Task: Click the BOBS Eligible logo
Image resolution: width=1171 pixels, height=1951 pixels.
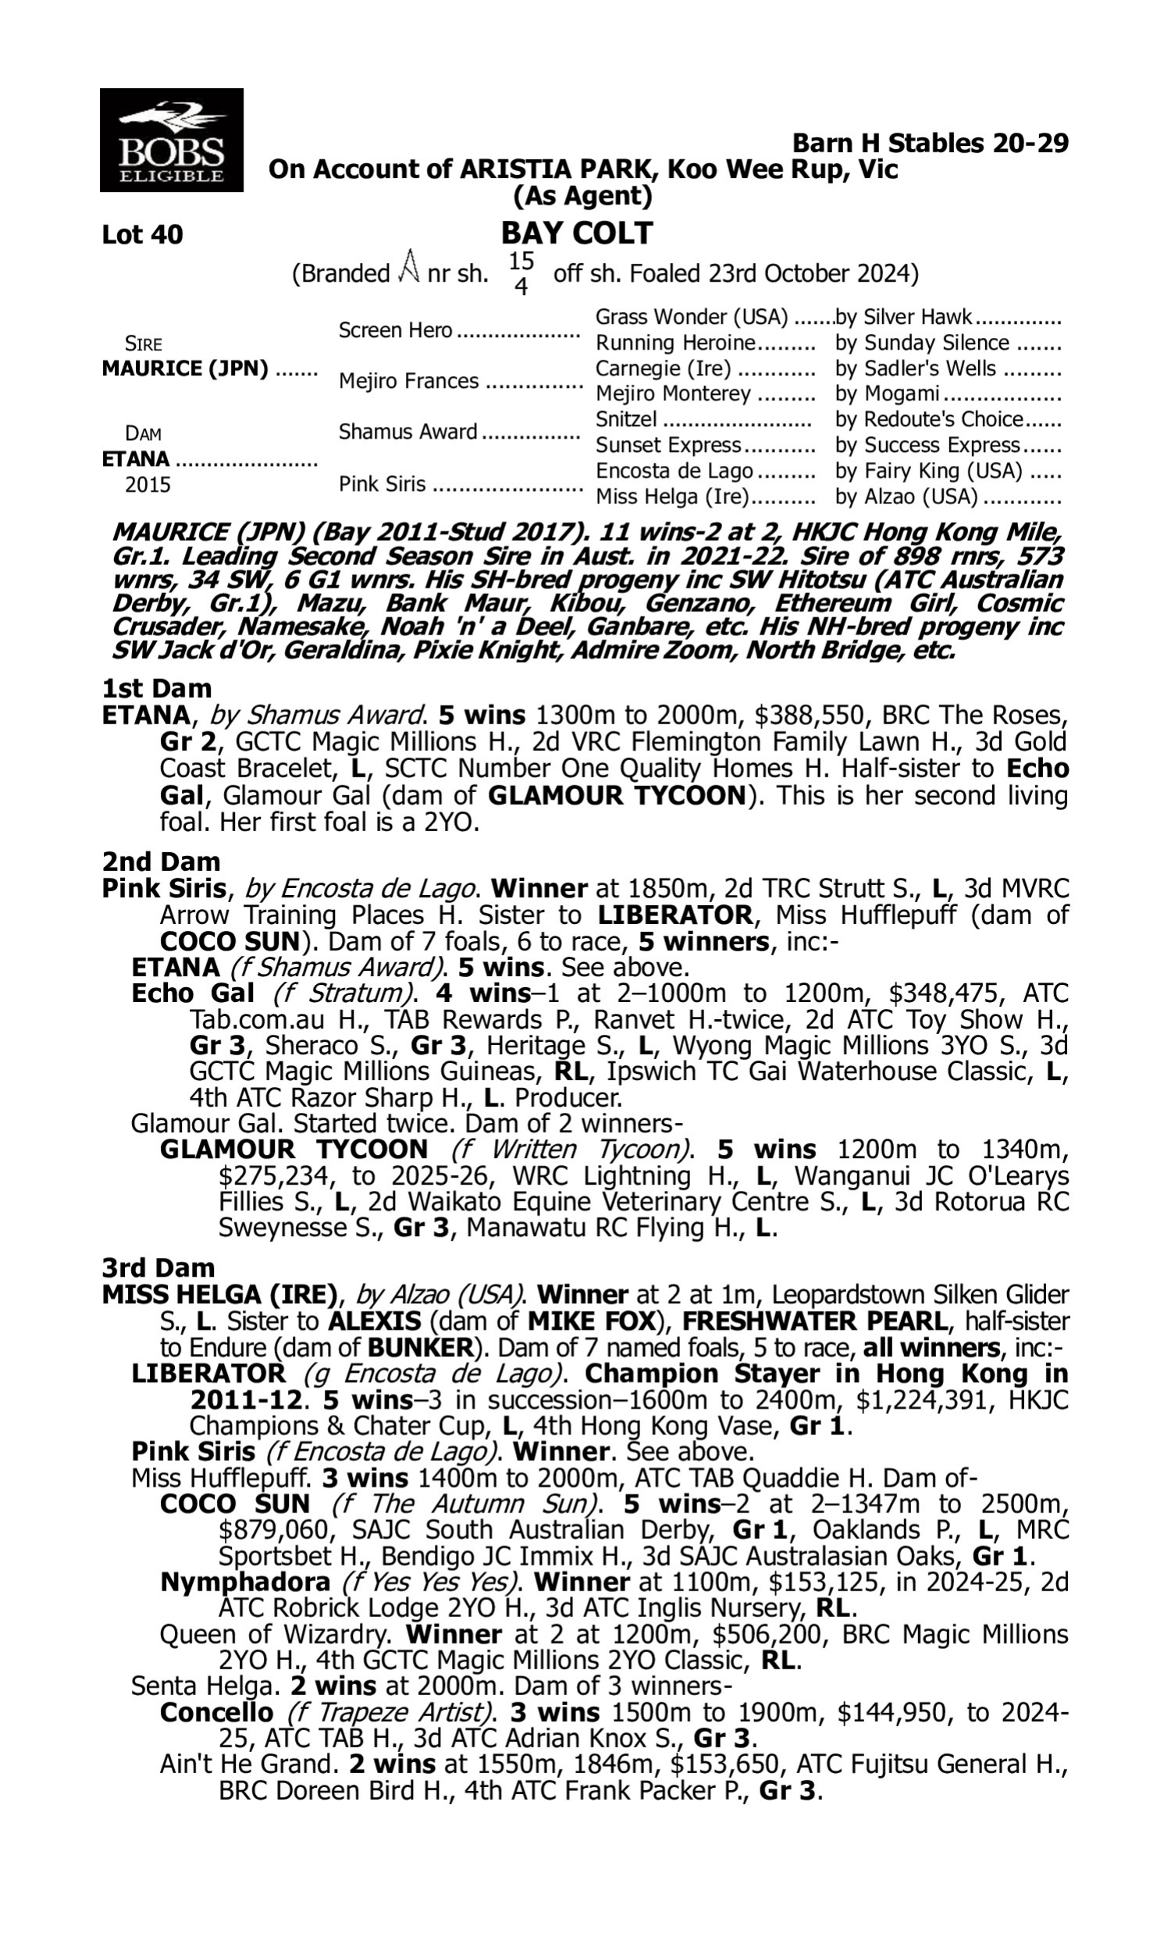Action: point(171,140)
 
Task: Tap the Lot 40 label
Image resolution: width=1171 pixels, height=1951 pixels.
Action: point(142,234)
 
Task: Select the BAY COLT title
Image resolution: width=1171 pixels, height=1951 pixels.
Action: point(577,233)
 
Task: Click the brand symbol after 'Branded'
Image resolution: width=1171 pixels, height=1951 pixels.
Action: point(408,266)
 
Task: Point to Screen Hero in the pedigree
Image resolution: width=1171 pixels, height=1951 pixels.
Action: point(395,329)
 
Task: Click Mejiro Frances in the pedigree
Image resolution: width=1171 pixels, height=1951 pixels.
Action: point(408,381)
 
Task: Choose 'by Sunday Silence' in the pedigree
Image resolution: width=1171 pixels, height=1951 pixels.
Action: point(922,343)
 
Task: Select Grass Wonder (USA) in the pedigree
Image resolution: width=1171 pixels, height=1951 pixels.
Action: point(691,317)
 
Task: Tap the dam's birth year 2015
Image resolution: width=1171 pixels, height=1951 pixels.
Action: point(148,484)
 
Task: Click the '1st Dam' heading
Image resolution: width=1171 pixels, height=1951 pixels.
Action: point(156,688)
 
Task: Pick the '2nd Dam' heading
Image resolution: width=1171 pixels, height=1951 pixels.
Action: point(160,861)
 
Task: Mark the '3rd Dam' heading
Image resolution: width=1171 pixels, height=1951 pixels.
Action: point(158,1267)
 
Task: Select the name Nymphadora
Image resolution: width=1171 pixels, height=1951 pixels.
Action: point(244,1582)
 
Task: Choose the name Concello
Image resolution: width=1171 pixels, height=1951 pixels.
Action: point(216,1713)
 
